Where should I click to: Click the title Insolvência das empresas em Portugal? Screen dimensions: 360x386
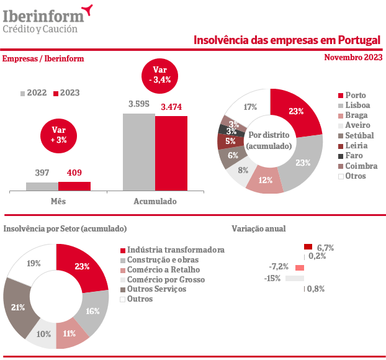point(287,40)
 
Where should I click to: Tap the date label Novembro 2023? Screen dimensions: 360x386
point(353,58)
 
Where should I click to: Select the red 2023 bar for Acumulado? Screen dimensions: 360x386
point(171,153)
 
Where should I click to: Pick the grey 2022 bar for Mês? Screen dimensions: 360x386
point(42,186)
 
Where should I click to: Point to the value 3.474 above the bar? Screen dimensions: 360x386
point(171,107)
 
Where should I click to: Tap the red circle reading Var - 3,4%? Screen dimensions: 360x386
point(160,74)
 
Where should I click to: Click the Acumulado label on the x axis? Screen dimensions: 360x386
point(155,202)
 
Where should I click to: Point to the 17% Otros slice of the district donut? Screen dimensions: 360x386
point(249,106)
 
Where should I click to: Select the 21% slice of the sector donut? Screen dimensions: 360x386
point(17,307)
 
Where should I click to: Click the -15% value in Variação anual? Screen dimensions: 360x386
point(272,279)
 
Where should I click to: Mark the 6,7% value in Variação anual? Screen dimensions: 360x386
point(325,248)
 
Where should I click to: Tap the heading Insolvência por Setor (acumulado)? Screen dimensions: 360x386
point(65,229)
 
